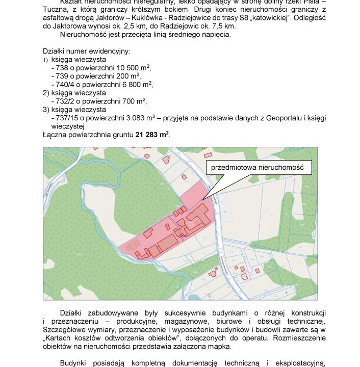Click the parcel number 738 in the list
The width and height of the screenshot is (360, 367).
[59, 68]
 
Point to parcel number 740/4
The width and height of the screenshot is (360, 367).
[62, 84]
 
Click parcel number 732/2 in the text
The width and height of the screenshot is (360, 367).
[62, 101]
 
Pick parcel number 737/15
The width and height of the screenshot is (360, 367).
[64, 118]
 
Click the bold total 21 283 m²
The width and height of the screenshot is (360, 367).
[152, 135]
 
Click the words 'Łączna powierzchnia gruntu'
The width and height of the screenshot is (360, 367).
[88, 135]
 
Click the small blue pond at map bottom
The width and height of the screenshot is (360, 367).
[195, 297]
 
